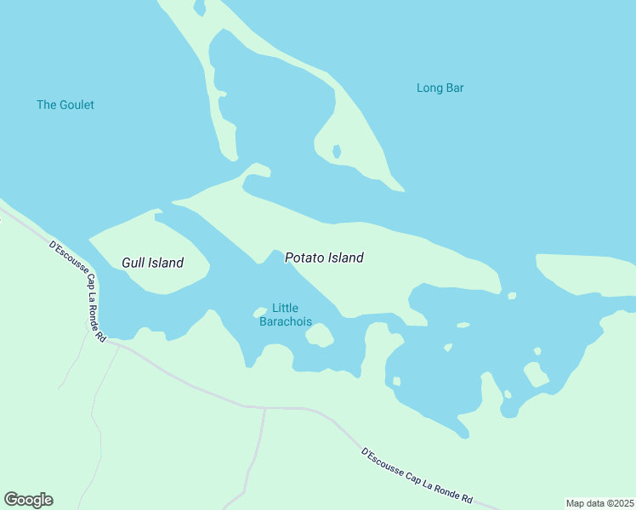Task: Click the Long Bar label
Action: pos(440,88)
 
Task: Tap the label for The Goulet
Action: pos(65,105)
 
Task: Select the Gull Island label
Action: pos(152,263)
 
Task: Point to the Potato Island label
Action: pos(324,258)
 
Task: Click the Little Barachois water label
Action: pos(285,314)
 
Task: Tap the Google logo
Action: pos(28,500)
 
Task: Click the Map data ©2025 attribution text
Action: pos(600,503)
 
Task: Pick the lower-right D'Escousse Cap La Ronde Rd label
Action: pos(417,477)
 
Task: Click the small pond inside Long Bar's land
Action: pos(337,151)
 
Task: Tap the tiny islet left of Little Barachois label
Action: pos(260,313)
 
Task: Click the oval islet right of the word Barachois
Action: pos(319,336)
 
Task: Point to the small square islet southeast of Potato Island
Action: pos(512,296)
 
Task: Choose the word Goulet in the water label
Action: pos(77,105)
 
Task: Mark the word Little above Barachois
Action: pos(285,308)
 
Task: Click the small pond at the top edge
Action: pos(200,8)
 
